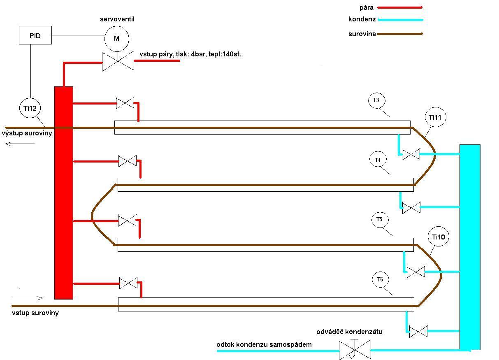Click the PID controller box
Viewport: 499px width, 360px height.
(35, 35)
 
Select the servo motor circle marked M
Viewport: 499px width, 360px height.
(116, 39)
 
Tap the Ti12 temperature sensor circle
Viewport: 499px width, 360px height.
(30, 108)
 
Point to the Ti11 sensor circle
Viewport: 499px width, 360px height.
(435, 118)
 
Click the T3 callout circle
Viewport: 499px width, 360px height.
(376, 100)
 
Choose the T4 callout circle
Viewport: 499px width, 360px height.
(378, 160)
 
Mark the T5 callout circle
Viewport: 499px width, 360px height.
(379, 220)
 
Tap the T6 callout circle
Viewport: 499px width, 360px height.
(380, 280)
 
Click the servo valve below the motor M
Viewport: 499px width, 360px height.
(118, 61)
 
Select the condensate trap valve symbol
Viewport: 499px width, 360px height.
(355, 350)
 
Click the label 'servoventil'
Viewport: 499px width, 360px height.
(117, 19)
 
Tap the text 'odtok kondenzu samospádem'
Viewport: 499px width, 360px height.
(264, 344)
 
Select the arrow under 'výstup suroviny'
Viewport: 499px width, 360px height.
(20, 144)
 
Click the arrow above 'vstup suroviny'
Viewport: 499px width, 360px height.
(28, 298)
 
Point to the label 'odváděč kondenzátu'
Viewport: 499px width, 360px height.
(349, 332)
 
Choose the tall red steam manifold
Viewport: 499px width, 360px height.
(64, 193)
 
